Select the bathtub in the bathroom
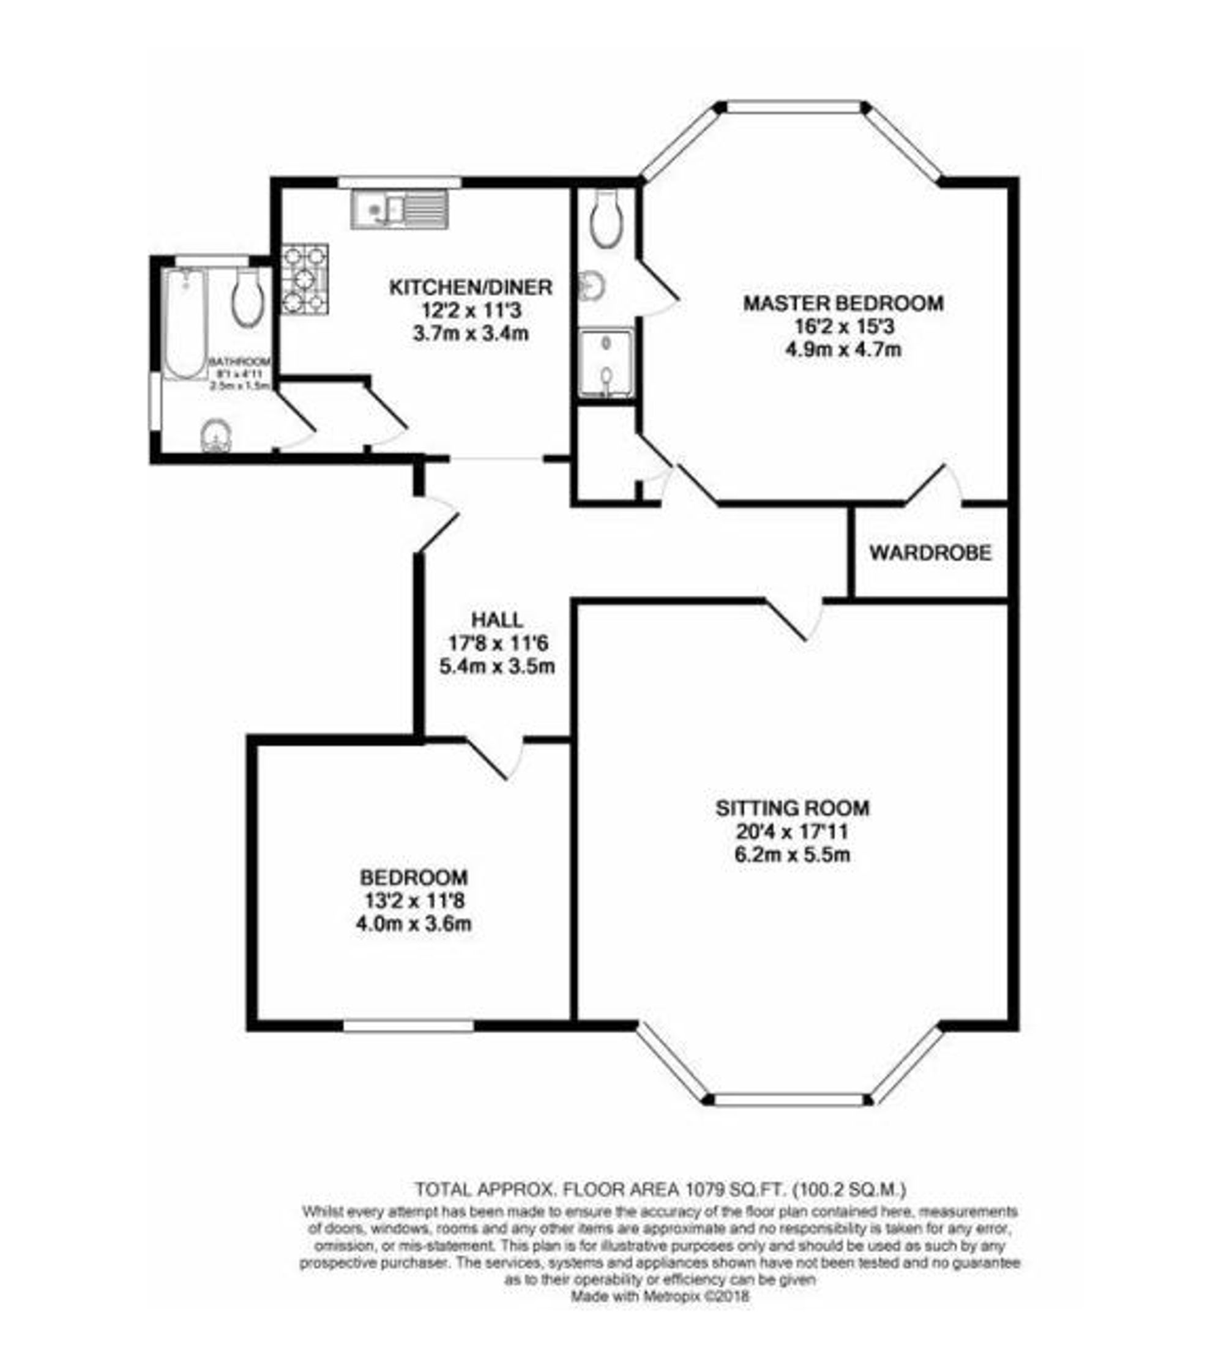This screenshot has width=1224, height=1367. point(184,322)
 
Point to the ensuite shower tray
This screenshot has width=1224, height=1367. point(606,363)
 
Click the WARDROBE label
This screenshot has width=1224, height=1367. point(930,553)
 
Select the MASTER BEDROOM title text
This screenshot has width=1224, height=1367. point(843,304)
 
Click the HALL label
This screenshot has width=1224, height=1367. point(497,619)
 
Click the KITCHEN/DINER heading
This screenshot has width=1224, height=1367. point(471,287)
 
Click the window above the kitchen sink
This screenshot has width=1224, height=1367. point(400,182)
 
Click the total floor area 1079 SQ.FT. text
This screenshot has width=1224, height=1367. point(660,1190)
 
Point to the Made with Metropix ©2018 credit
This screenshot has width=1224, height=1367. point(660,1297)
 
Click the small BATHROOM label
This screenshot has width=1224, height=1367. point(240,362)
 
